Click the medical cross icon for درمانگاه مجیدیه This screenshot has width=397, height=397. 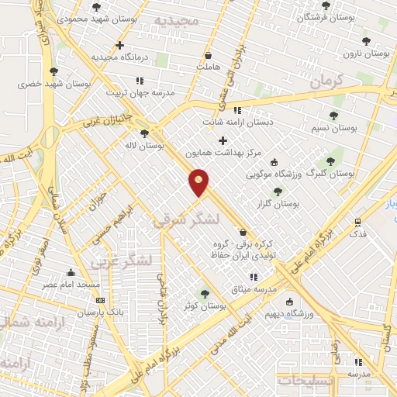click(x=119, y=45)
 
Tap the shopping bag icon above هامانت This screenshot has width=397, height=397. click(x=208, y=55)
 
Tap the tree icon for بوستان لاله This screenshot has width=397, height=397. click(x=145, y=133)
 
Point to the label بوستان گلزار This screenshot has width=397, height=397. click(x=281, y=203)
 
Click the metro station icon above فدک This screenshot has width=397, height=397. click(x=357, y=221)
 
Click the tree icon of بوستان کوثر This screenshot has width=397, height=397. click(x=205, y=294)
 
